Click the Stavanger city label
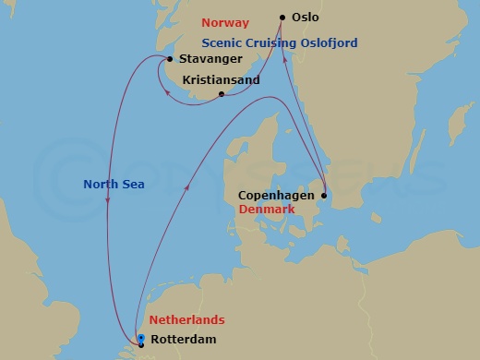pyautogui.click(x=205, y=59)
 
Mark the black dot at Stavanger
pyautogui.click(x=169, y=59)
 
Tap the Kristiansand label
pyautogui.click(x=222, y=80)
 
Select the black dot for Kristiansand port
pyautogui.click(x=221, y=93)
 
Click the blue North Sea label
pyautogui.click(x=114, y=184)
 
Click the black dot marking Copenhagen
pyautogui.click(x=324, y=196)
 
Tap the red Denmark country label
pyautogui.click(x=266, y=210)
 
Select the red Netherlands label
pyautogui.click(x=187, y=320)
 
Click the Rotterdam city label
pyautogui.click(x=186, y=338)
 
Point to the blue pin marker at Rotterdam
pyautogui.click(x=140, y=338)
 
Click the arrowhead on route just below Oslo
pyautogui.click(x=285, y=59)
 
